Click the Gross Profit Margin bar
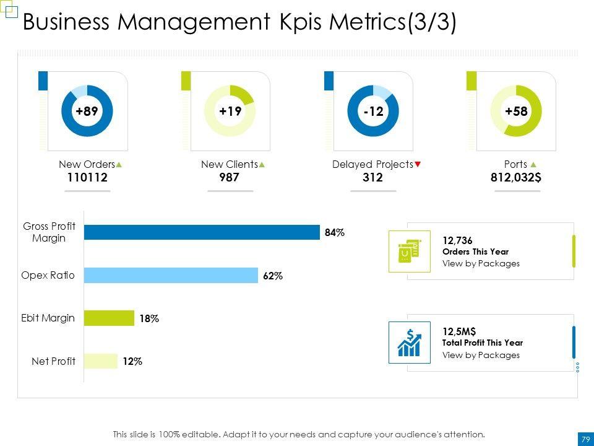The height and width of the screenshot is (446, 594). [x=202, y=232]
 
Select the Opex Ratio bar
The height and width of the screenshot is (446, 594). [x=171, y=275]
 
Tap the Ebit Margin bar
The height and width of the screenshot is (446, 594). [x=109, y=318]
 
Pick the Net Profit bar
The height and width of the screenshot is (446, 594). [x=100, y=361]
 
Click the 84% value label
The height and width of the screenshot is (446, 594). [x=334, y=233]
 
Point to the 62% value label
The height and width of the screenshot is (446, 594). [x=273, y=276]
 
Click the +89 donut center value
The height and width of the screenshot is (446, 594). [x=87, y=111]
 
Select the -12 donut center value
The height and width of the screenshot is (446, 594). [x=373, y=111]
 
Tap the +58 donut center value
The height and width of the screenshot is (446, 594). [x=515, y=111]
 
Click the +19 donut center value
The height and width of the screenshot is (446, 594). [x=230, y=111]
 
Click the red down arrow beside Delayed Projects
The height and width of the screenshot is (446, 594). [x=418, y=164]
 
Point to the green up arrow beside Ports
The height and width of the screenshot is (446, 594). [x=533, y=164]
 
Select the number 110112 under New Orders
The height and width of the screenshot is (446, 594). [x=87, y=178]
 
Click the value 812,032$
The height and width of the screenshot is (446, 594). [x=515, y=178]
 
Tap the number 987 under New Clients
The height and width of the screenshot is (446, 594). [x=230, y=178]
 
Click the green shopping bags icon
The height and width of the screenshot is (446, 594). [x=409, y=251]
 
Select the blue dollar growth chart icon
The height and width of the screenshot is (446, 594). [x=409, y=343]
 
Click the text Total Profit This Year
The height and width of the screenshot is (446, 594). [x=482, y=343]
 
